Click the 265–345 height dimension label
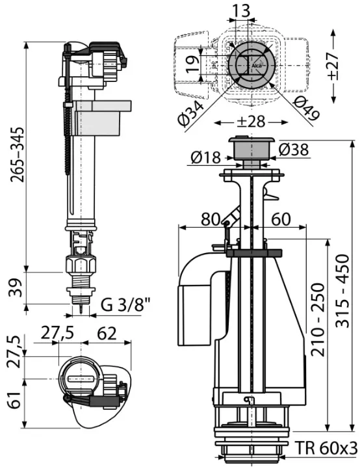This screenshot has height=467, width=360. coord(17,155)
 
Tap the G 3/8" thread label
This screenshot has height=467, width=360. coord(125,305)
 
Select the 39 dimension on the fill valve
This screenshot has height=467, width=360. coord(16,288)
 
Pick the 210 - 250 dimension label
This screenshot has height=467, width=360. coord(318,319)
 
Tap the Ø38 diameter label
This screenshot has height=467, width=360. coord(294,150)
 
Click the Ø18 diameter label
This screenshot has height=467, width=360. coord(206,157)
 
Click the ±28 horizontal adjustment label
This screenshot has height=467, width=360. coord(252,122)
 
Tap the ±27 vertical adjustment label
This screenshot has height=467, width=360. coord(333,66)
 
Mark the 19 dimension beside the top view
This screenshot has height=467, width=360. coord(193,64)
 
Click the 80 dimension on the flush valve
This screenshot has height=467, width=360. coord(211,219)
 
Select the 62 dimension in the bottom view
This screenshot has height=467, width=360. coord(107,334)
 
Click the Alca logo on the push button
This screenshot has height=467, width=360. coord(257,66)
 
